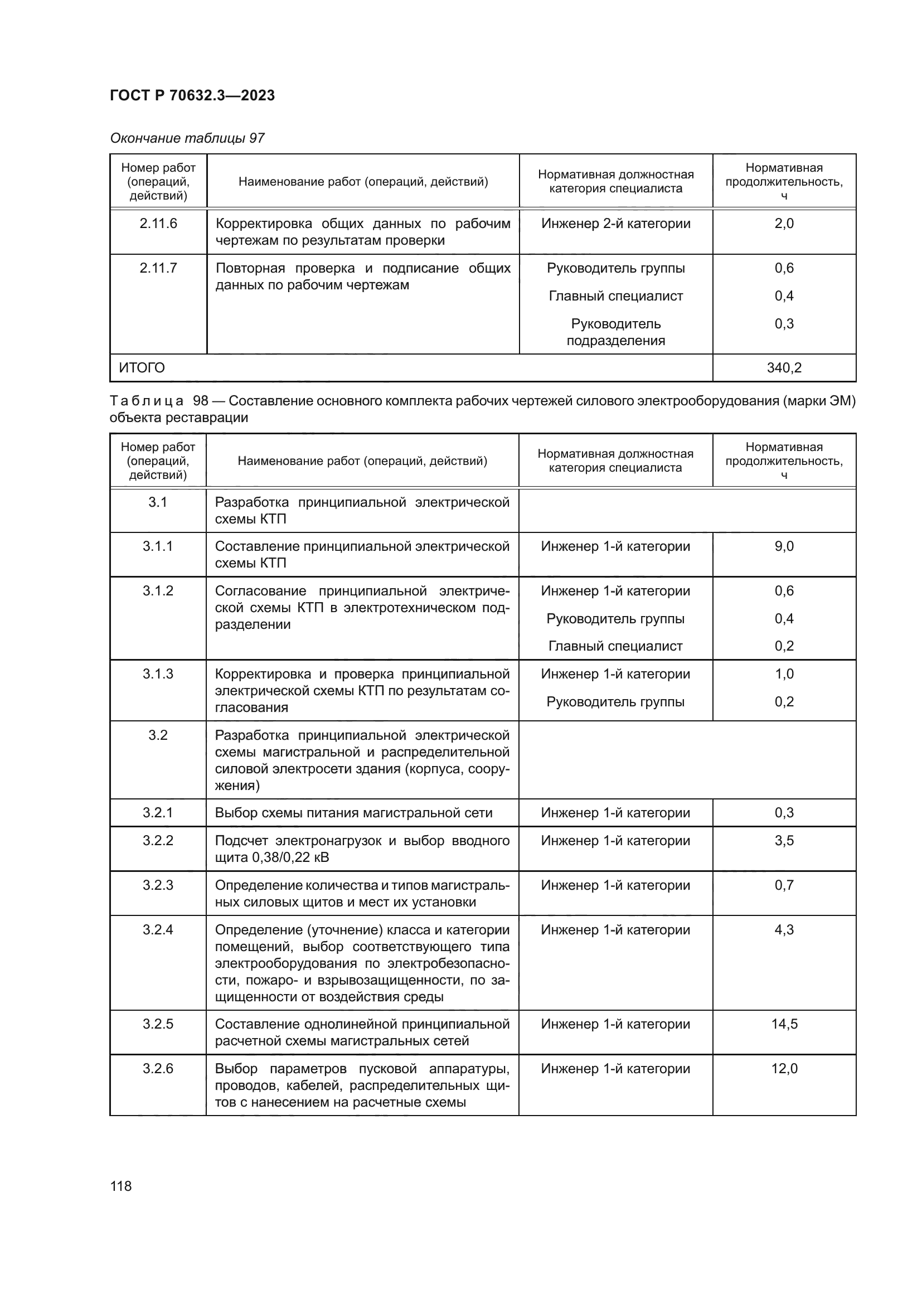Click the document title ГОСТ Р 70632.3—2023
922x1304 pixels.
(x=192, y=95)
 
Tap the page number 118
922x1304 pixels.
(x=121, y=1186)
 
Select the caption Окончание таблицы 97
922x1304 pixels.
(x=187, y=138)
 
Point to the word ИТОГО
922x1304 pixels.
(x=142, y=368)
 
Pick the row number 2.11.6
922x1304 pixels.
(x=158, y=224)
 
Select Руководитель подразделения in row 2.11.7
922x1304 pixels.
(x=615, y=332)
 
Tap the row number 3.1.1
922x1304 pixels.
(x=158, y=546)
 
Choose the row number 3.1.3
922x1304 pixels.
(x=158, y=674)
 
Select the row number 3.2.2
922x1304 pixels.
(x=158, y=841)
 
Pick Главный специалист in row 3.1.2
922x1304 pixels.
(x=615, y=646)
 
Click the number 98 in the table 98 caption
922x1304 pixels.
(x=201, y=401)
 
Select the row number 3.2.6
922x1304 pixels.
(x=158, y=1069)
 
